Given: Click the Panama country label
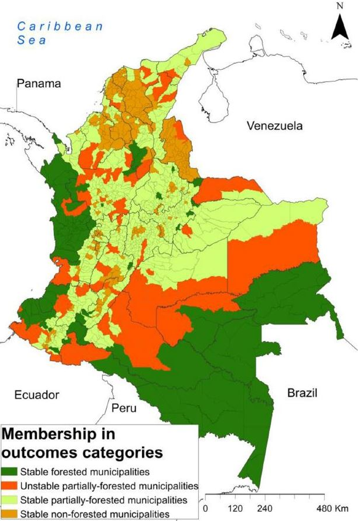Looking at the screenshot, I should [39, 84].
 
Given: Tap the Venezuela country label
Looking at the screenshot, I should [274, 126].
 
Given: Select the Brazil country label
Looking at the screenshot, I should [302, 393].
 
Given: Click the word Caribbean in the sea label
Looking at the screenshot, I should [60, 26].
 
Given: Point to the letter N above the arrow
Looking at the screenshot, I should [340, 7].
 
